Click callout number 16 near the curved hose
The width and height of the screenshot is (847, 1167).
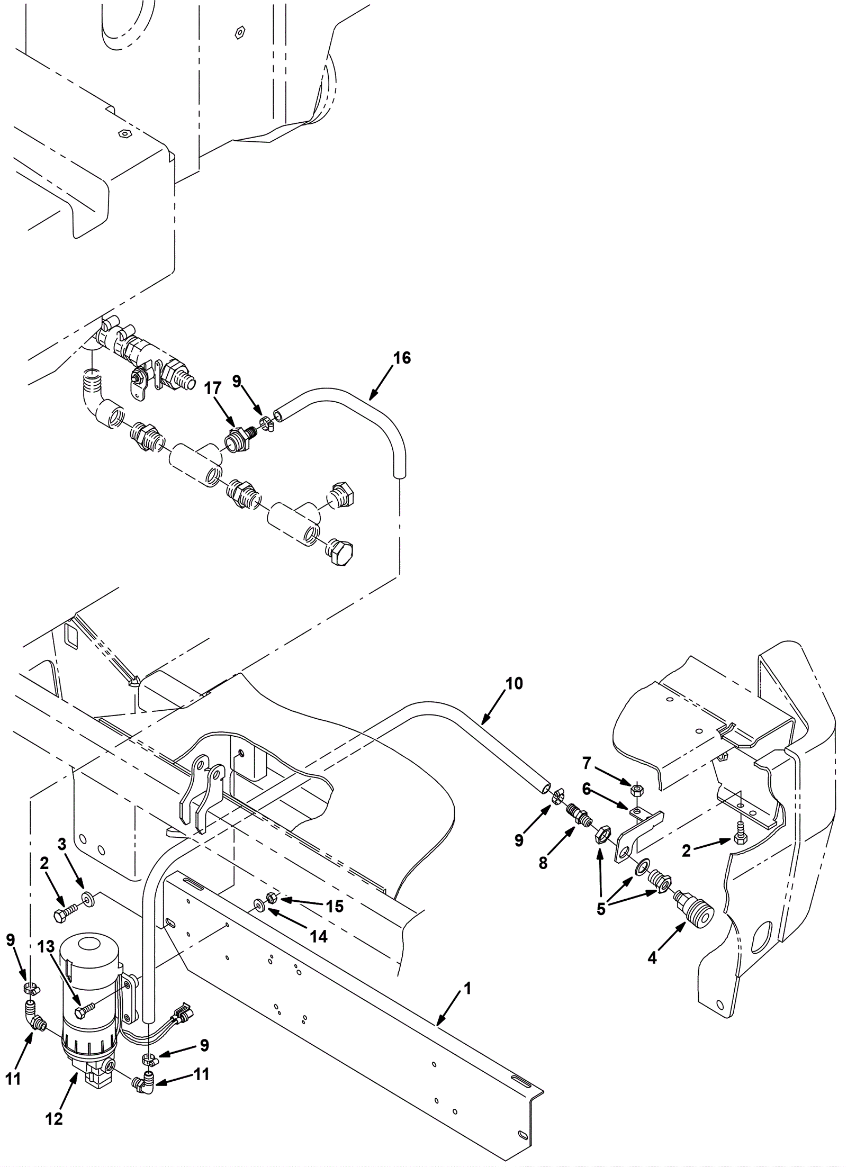click(402, 358)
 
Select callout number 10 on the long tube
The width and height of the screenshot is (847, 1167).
click(513, 683)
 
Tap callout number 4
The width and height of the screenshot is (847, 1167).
click(652, 957)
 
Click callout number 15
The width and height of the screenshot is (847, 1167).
click(335, 907)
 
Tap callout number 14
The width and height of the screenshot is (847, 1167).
click(319, 937)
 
